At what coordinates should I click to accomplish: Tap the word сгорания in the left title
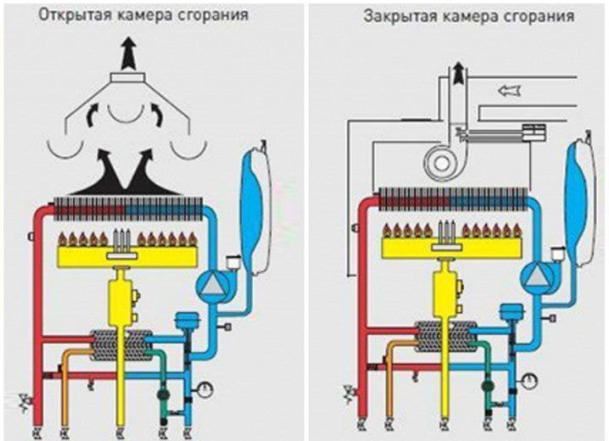point(218,16)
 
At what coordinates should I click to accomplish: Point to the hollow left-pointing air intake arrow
point(510,88)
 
